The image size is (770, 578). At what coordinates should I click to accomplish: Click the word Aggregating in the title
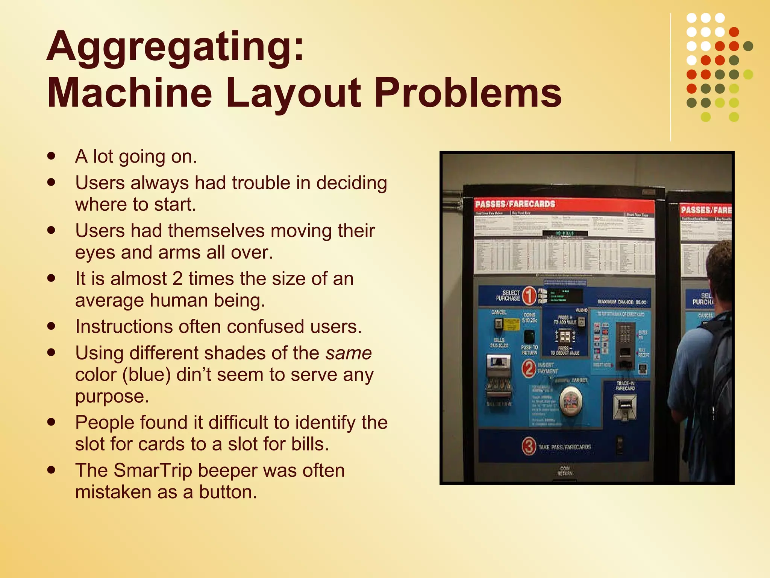pos(175,47)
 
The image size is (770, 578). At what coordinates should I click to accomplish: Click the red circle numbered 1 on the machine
pos(529,296)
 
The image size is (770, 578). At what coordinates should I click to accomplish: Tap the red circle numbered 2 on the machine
pos(529,368)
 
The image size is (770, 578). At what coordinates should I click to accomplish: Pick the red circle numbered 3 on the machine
pos(529,447)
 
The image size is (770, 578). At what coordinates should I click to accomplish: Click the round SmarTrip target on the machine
pos(571,401)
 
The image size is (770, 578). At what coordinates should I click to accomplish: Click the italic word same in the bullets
pos(349,353)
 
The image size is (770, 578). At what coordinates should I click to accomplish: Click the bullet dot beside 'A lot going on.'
pos(52,156)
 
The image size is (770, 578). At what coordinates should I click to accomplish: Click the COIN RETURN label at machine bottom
pos(565,471)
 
